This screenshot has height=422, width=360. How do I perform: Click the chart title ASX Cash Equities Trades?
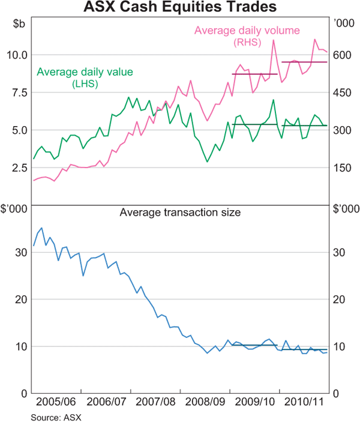pos(180,8)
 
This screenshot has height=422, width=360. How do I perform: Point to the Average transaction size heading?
pos(179,212)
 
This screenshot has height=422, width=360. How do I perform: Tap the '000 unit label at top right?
pos(343,23)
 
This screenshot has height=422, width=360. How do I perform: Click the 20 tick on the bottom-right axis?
pos(340,300)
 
